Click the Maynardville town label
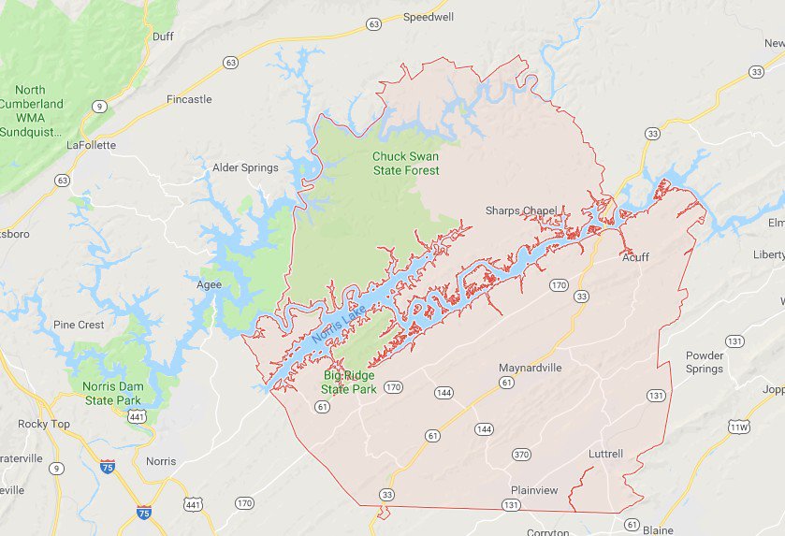click(x=530, y=368)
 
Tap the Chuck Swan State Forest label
click(x=405, y=164)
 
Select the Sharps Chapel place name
click(x=520, y=210)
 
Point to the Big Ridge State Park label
click(x=348, y=382)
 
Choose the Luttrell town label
click(x=605, y=454)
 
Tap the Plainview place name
click(x=534, y=490)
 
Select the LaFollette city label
click(x=91, y=145)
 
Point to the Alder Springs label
click(x=245, y=167)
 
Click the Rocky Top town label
click(x=44, y=424)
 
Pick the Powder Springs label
click(x=705, y=362)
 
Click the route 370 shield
click(x=521, y=455)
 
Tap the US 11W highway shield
click(x=737, y=427)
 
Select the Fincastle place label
click(x=189, y=99)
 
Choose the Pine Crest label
click(x=79, y=325)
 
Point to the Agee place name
click(x=209, y=284)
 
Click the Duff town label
click(x=163, y=36)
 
